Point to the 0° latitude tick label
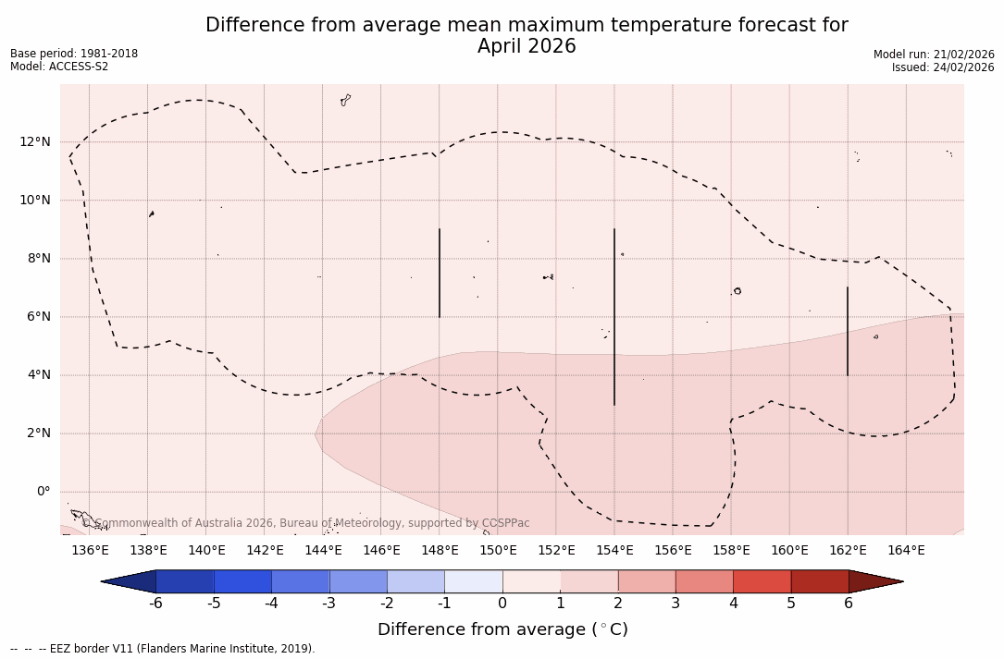point(43,492)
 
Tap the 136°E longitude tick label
point(90,551)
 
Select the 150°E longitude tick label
point(498,551)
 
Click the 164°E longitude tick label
point(906,551)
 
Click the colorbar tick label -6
point(155,604)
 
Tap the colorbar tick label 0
point(502,604)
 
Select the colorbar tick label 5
point(791,604)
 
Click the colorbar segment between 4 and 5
point(762,581)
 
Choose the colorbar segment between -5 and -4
point(242,581)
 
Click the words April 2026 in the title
point(527,46)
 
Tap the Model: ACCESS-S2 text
point(59,67)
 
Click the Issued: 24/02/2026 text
point(943,67)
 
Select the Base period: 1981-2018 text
point(74,54)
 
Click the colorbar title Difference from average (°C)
point(502,629)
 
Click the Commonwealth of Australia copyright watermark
point(306,523)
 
